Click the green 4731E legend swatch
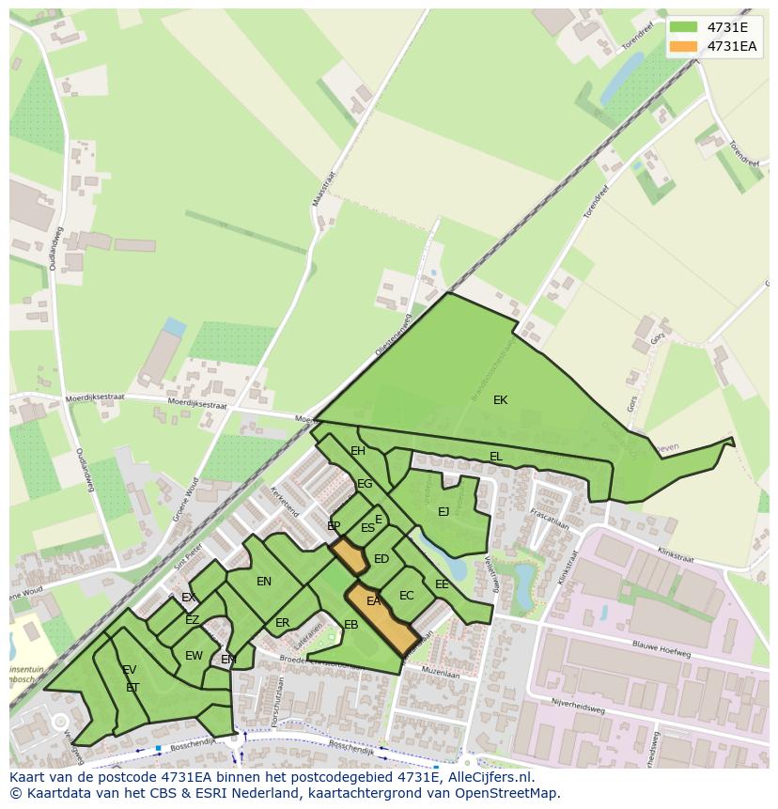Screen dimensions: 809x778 (x=683, y=27)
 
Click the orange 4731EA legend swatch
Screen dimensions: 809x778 (x=683, y=46)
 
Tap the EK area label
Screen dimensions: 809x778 (x=500, y=400)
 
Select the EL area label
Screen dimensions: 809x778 (x=495, y=457)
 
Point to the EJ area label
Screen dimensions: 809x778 (x=443, y=512)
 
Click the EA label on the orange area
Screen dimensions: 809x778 (x=373, y=601)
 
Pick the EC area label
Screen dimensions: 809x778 (x=406, y=596)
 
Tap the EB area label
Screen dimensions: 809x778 (x=350, y=625)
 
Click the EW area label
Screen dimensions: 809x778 (x=194, y=656)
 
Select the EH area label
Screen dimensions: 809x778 (x=357, y=451)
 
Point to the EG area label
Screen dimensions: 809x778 (x=365, y=484)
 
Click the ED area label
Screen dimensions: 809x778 (x=381, y=559)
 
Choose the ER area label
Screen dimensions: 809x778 (x=282, y=623)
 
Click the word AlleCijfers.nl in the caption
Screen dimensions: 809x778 (x=488, y=777)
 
